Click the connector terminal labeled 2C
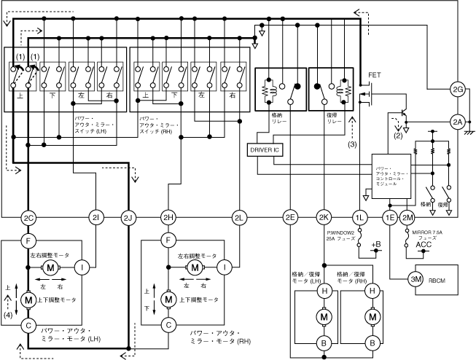pos(28,218)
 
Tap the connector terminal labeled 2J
pos(128,218)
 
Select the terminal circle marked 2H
pos(169,218)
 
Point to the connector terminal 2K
pos(324,218)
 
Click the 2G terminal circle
pos(458,89)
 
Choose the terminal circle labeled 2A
pos(458,121)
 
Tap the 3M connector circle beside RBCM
pos(415,279)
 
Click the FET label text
pos(375,75)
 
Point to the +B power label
pos(376,244)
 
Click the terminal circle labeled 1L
pos(359,218)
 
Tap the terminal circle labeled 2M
pos(408,218)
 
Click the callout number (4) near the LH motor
pos(9,296)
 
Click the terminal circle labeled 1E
pos(390,218)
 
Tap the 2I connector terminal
pos(97,218)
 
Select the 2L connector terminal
pos(238,218)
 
